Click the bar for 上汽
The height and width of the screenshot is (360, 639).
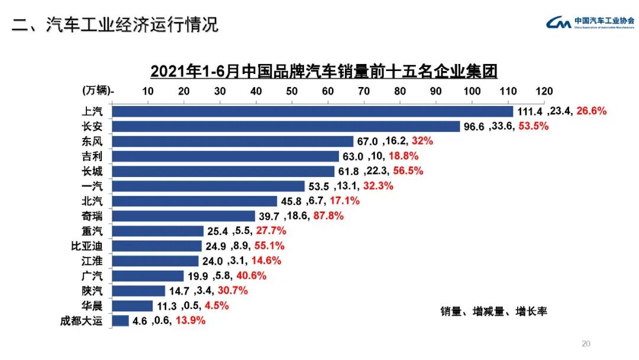(x=312, y=111)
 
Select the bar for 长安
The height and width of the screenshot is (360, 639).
(x=286, y=126)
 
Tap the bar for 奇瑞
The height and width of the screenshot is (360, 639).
(x=183, y=216)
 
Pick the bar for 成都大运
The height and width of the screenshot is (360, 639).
(x=120, y=321)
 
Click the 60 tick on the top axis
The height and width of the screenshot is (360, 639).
(x=328, y=91)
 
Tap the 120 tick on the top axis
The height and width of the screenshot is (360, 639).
(x=544, y=91)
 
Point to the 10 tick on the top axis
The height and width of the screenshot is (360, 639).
(x=148, y=91)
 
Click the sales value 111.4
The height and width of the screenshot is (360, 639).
(x=530, y=111)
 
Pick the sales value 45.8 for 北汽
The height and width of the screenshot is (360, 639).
(x=291, y=201)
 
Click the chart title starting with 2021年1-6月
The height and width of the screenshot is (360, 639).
(x=324, y=72)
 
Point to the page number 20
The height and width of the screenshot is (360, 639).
(x=586, y=344)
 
